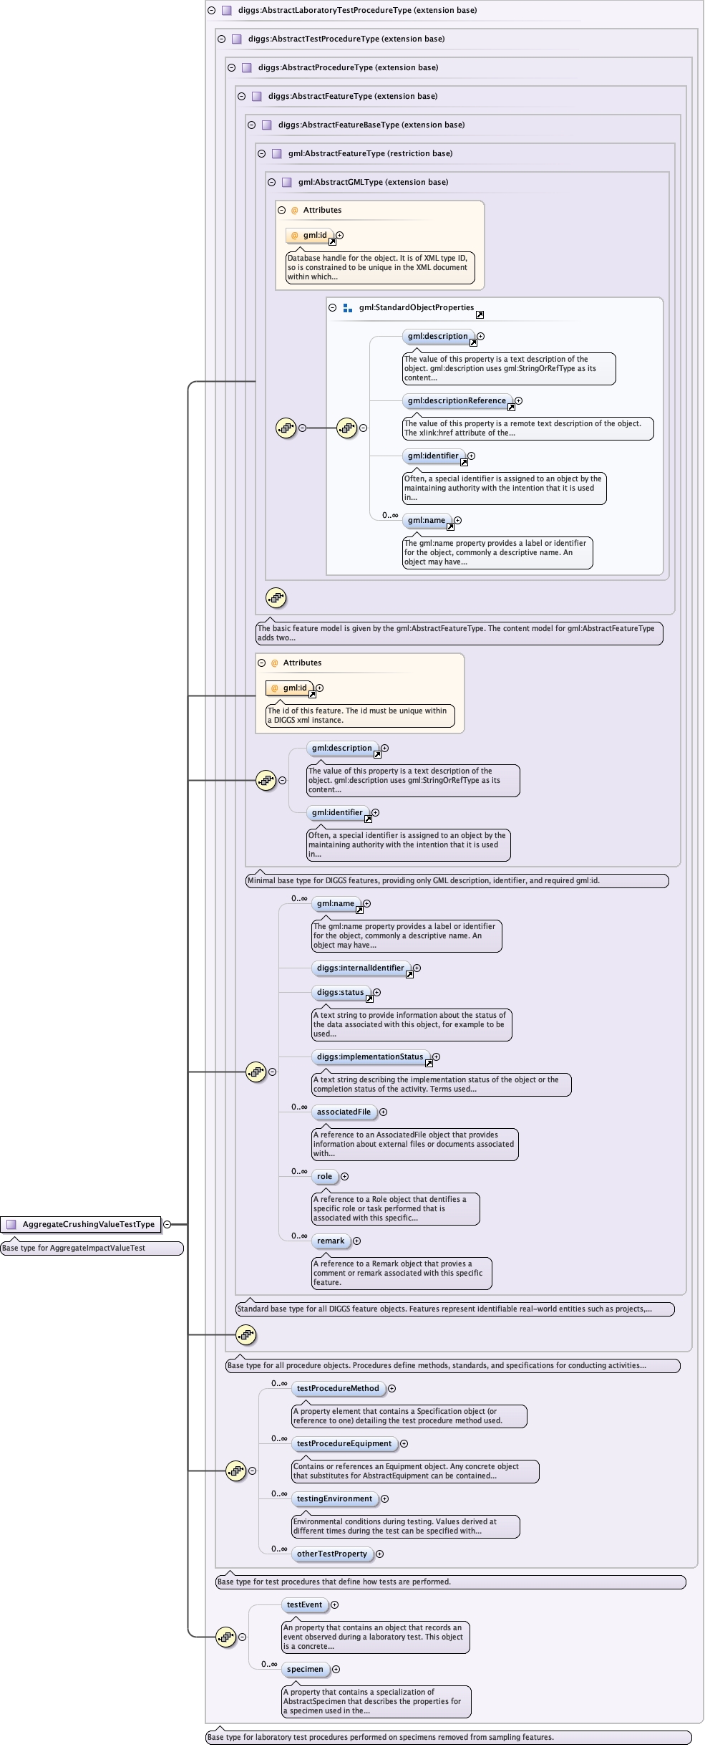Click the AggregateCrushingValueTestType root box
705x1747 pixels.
pos(88,1224)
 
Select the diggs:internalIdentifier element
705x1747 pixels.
pos(360,968)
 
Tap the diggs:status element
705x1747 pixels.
pos(340,992)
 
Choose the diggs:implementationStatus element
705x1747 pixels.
pos(369,1057)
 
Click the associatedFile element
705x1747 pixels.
pos(344,1112)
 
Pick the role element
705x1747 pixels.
pos(324,1176)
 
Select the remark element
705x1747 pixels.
pos(330,1241)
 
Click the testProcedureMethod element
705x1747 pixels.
pos(338,1388)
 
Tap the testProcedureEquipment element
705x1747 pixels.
pos(344,1443)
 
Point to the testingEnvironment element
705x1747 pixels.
pos(334,1498)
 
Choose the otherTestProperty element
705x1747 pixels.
pos(331,1554)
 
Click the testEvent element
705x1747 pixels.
pos(304,1604)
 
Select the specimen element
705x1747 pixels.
pos(305,1669)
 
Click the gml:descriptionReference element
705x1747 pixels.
pos(457,400)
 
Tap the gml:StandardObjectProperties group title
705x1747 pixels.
pos(416,307)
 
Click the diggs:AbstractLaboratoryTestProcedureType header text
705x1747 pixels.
pos(357,10)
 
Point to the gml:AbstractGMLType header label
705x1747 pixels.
pos(373,182)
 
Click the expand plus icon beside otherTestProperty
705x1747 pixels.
pos(380,1554)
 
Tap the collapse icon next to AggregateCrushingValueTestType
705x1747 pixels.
pos(167,1224)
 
